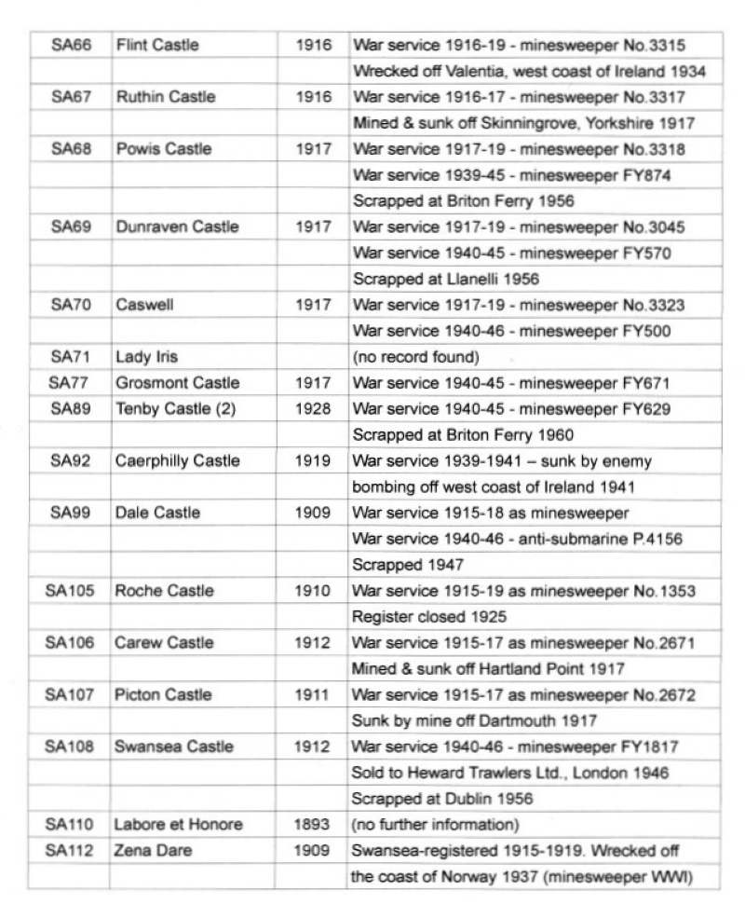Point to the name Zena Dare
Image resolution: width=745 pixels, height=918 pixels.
click(147, 850)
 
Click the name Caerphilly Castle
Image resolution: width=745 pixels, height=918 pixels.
click(178, 460)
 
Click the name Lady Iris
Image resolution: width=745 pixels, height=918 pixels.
click(146, 357)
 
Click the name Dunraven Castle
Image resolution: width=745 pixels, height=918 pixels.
click(177, 226)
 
